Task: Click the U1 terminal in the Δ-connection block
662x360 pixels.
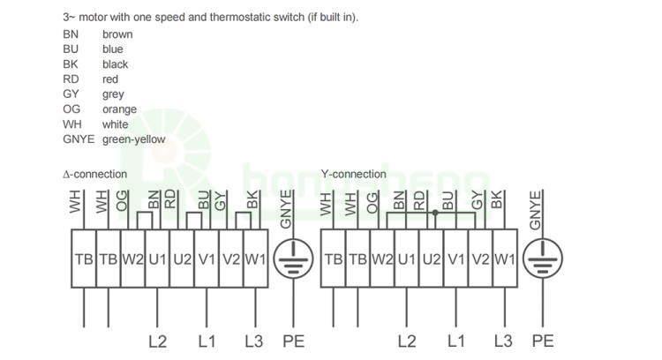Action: coord(157,259)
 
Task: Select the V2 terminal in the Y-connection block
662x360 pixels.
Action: coord(480,259)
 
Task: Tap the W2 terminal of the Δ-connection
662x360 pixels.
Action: coord(133,259)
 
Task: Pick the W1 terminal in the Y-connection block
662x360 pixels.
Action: coord(505,259)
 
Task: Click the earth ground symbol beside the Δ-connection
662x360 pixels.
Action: coord(293,259)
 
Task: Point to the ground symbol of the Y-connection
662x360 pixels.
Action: coord(543,259)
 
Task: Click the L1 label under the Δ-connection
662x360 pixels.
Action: coord(207,341)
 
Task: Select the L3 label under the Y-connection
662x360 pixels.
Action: coord(503,341)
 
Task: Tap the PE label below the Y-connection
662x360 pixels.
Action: coord(543,341)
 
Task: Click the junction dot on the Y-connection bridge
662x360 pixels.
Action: coord(435,213)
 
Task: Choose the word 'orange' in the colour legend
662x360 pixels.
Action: coord(119,109)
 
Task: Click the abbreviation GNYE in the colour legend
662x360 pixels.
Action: coord(79,139)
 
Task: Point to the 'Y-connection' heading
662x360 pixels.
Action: coord(353,174)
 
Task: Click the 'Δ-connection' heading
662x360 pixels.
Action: coord(94,174)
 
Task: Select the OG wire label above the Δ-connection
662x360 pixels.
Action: coord(122,201)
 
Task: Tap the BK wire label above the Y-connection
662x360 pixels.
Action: coord(497,199)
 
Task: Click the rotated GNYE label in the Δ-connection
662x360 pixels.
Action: coord(286,209)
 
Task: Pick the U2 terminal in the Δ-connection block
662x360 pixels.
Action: coord(182,259)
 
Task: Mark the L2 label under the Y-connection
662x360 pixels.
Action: coord(407,341)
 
